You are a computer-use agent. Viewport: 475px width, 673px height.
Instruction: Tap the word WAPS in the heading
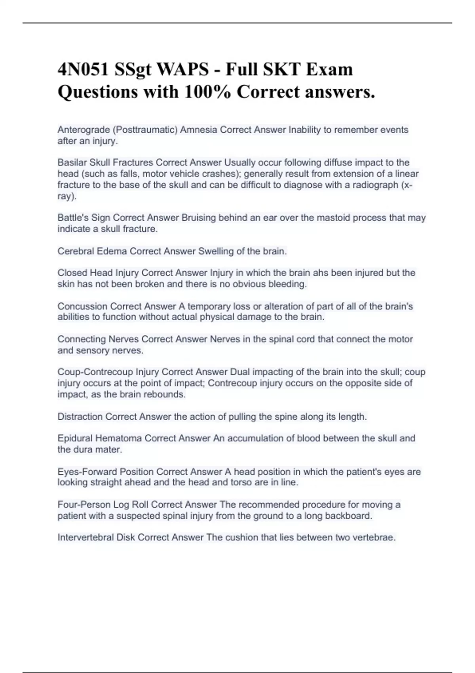pyautogui.click(x=183, y=70)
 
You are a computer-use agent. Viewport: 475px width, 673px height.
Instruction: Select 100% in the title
pyautogui.click(x=207, y=92)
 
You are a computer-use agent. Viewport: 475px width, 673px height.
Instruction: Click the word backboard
pyautogui.click(x=348, y=516)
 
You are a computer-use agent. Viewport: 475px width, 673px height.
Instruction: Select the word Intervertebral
pyautogui.click(x=85, y=538)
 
